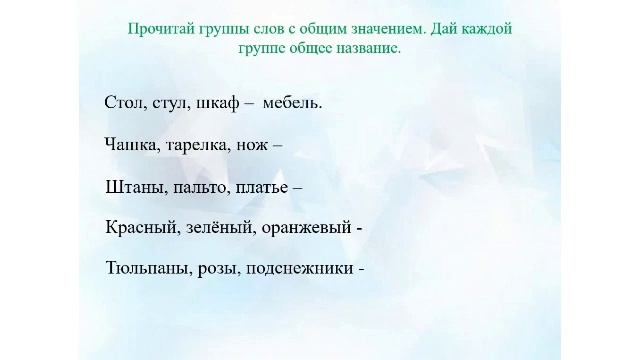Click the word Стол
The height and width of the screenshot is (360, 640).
(x=122, y=102)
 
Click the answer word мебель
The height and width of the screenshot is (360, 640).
(x=292, y=102)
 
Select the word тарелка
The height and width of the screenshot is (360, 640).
(x=198, y=144)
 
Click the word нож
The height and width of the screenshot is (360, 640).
(x=251, y=144)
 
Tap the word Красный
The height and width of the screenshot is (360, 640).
(x=142, y=227)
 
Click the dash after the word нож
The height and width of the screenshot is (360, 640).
(x=277, y=144)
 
